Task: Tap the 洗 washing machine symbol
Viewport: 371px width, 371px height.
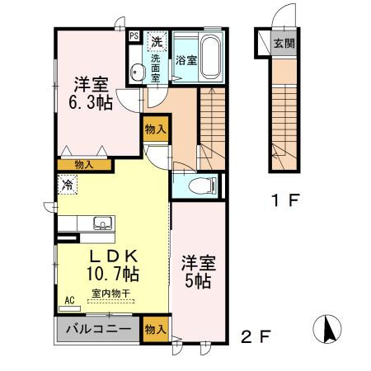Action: pyautogui.click(x=156, y=40)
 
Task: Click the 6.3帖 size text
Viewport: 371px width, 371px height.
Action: pyautogui.click(x=88, y=103)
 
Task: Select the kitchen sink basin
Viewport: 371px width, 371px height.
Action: pyautogui.click(x=103, y=223)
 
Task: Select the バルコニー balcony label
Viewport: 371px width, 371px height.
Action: pyautogui.click(x=99, y=329)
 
